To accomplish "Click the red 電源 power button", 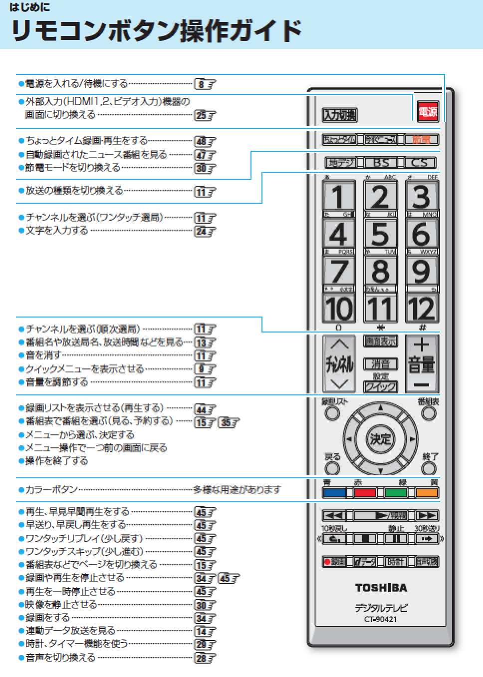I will coord(428,111).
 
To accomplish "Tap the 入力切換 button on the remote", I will coord(340,115).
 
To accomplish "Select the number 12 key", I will coord(422,308).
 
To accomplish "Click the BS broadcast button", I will coord(381,163).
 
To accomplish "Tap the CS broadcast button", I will coord(420,163).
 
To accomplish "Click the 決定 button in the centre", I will coord(381,439).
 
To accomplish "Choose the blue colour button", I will coord(334,493).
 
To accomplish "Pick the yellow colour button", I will coord(427,493).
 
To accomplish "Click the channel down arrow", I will coord(339,384).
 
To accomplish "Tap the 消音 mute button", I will coord(381,364).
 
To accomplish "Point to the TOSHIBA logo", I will coord(381,588).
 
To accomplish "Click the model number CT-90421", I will coord(381,620).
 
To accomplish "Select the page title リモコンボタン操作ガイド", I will coord(156,31).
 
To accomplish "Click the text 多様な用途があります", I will coord(237,490).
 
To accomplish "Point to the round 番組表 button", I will coord(429,413).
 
